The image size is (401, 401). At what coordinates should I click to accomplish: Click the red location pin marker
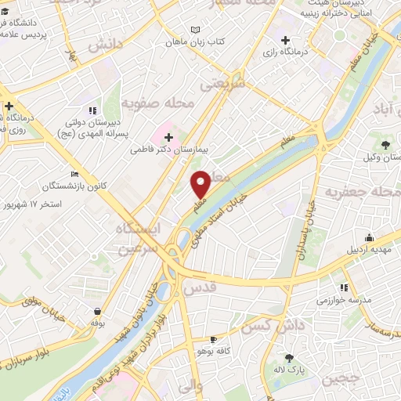tap(200, 183)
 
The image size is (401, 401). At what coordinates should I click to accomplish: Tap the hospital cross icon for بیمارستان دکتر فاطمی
tap(168, 136)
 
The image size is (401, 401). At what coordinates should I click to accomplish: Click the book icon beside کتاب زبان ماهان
tap(195, 31)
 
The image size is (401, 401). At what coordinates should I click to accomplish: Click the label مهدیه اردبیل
tap(369, 251)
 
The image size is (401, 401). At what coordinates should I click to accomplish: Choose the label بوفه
tap(98, 322)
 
